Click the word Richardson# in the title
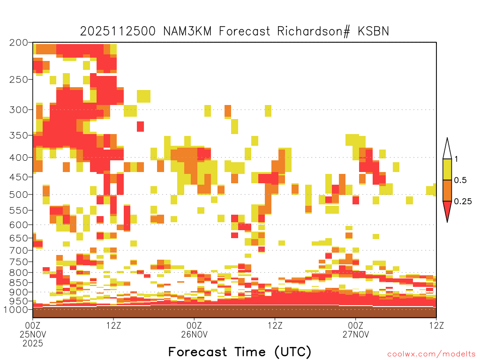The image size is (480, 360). pyautogui.click(x=314, y=31)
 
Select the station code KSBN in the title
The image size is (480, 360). pyautogui.click(x=374, y=31)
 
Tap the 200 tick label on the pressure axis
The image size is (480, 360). pyautogui.click(x=19, y=43)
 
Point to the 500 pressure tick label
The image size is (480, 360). pyautogui.click(x=19, y=195)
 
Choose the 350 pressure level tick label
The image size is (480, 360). pyautogui.click(x=19, y=135)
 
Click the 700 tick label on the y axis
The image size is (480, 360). pyautogui.click(x=19, y=250)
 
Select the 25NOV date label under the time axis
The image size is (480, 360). pyautogui.click(x=33, y=334)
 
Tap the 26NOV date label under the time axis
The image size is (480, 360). pyautogui.click(x=195, y=334)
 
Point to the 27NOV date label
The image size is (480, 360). pyautogui.click(x=356, y=334)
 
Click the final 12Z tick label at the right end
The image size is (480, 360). pyautogui.click(x=436, y=325)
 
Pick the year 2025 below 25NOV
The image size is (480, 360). pyautogui.click(x=33, y=344)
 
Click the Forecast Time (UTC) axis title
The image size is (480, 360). pyautogui.click(x=240, y=352)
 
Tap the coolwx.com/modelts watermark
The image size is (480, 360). pyautogui.click(x=432, y=354)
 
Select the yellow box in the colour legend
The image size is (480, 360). pyautogui.click(x=447, y=169)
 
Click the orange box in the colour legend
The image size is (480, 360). pyautogui.click(x=447, y=190)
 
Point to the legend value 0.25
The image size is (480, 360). pyautogui.click(x=463, y=202)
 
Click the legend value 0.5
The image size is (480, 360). pyautogui.click(x=460, y=180)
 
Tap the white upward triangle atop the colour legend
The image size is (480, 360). pyautogui.click(x=447, y=149)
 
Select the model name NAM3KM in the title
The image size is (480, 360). pyautogui.click(x=187, y=31)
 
